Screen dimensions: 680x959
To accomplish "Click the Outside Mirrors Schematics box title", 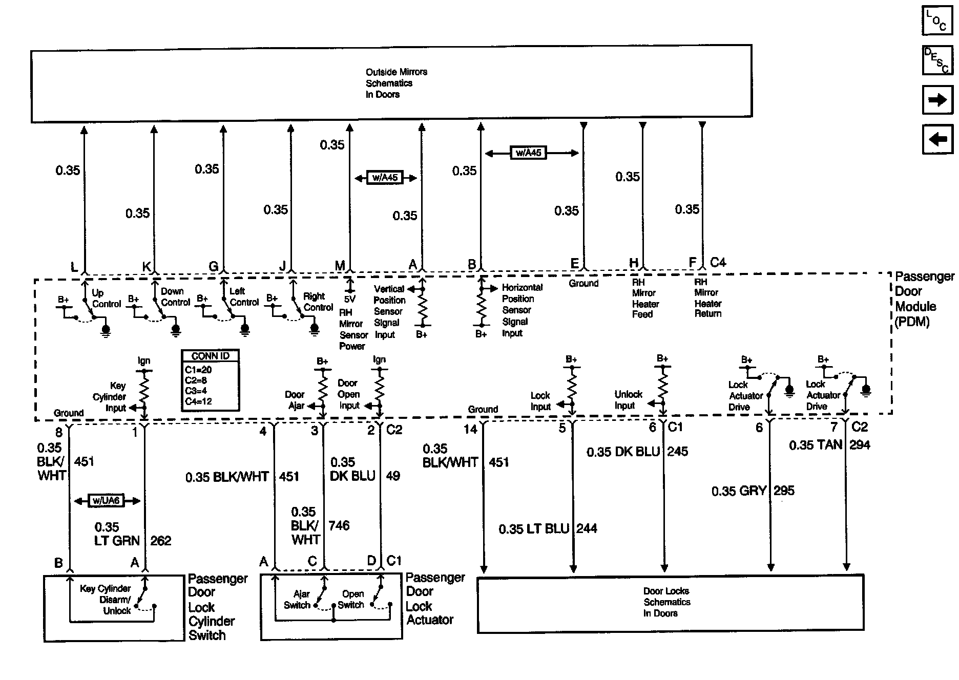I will click(396, 83).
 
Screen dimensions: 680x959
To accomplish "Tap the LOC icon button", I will click(937, 20).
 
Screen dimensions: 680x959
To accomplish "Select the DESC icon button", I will click(937, 60).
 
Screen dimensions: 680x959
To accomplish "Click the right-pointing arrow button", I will click(937, 99).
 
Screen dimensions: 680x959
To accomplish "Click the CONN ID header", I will click(210, 356).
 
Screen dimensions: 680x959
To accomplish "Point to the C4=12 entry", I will click(198, 401).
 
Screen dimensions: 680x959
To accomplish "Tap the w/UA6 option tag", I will click(107, 500).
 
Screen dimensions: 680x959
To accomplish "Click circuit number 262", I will click(160, 541).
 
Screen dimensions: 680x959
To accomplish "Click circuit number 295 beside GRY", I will click(784, 491).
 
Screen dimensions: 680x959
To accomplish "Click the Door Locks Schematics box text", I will click(666, 602).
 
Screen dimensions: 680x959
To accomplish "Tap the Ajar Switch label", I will click(298, 599).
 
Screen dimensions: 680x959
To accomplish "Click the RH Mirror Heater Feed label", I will click(644, 298).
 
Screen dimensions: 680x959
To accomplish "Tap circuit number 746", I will click(339, 525).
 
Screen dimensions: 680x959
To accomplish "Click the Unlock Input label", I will click(628, 400).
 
